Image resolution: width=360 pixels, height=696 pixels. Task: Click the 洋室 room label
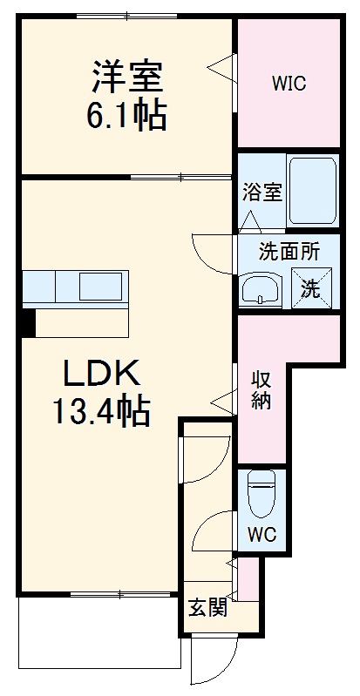[126, 75]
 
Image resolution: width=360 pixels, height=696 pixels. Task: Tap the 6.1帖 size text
[126, 115]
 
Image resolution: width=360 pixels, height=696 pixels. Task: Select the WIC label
[288, 84]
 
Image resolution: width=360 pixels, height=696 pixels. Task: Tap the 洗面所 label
[289, 252]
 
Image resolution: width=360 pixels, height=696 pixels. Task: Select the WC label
[262, 534]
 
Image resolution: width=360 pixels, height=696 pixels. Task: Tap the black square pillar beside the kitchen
[28, 322]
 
